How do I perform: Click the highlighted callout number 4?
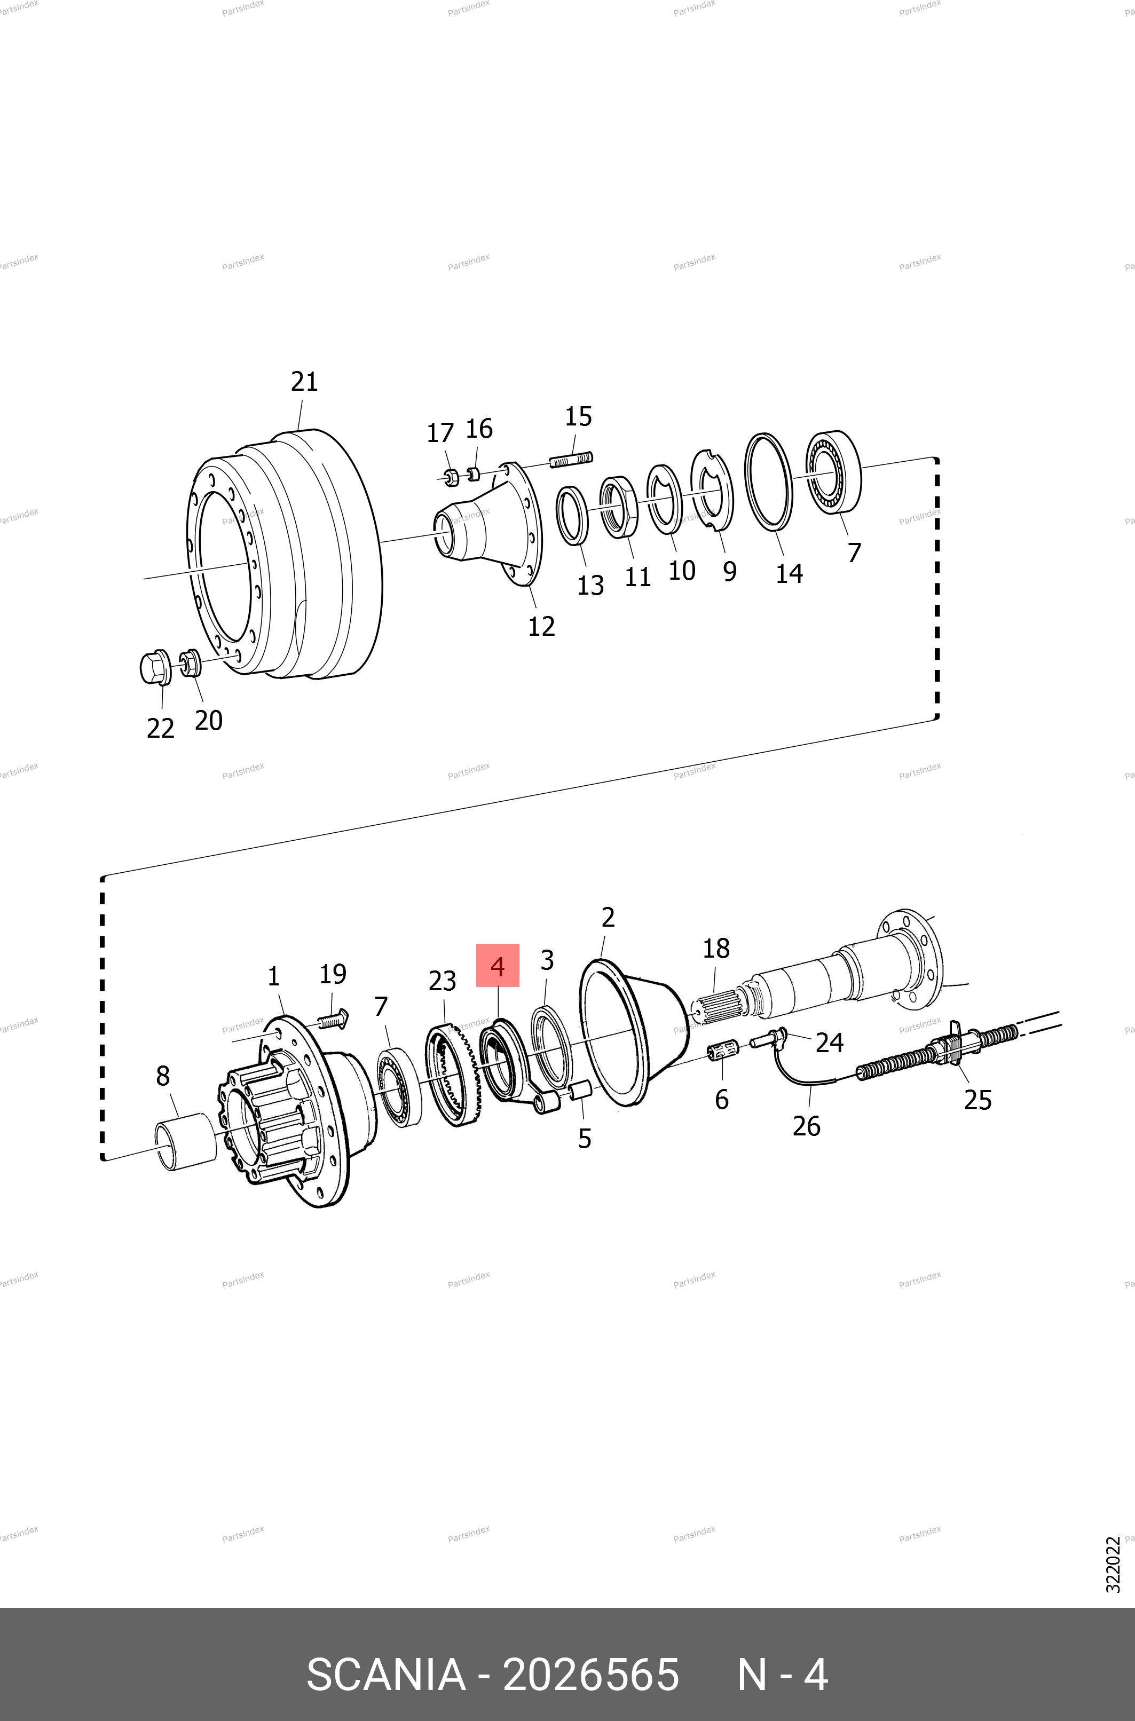point(497,966)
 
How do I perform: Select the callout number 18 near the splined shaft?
point(716,948)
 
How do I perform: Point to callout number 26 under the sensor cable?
point(806,1126)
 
